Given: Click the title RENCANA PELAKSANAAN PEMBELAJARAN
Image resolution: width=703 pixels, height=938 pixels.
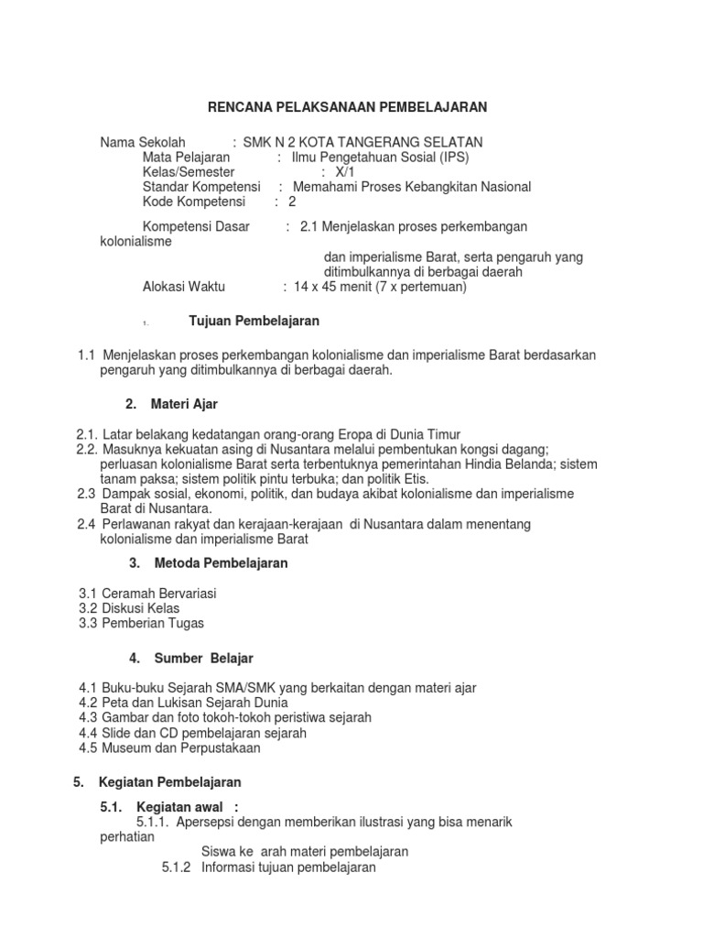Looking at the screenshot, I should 347,107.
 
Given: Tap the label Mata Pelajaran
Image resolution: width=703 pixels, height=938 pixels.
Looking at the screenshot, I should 186,157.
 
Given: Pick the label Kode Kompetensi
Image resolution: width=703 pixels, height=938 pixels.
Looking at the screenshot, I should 195,202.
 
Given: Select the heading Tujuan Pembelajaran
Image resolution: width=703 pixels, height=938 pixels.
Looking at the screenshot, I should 254,321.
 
